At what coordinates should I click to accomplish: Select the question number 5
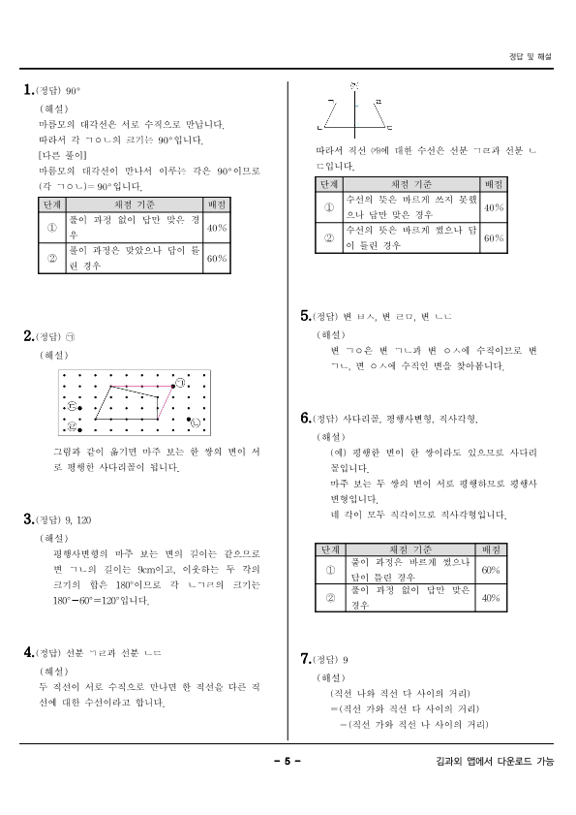(306, 316)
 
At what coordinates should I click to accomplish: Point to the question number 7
(306, 660)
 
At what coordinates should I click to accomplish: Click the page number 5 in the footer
(288, 761)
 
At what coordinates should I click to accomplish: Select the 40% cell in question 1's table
(217, 228)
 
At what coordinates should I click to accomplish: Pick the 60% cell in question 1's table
(217, 259)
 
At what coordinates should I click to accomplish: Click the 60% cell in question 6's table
(491, 570)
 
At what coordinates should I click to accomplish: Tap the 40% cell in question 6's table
(491, 598)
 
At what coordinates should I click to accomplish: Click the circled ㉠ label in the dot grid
(180, 385)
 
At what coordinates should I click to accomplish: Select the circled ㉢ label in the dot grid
(73, 408)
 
